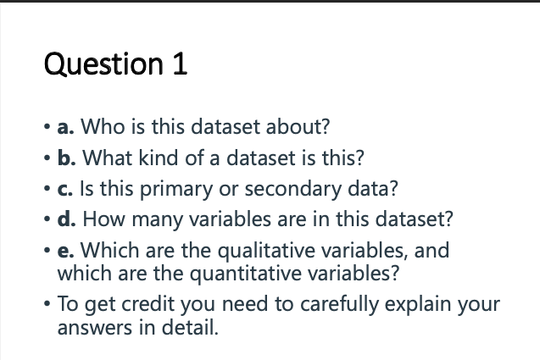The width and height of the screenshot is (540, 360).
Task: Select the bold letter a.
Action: coord(64,128)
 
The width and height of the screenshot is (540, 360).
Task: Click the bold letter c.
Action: coord(63,188)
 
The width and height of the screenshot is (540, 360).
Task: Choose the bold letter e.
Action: coord(64,251)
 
